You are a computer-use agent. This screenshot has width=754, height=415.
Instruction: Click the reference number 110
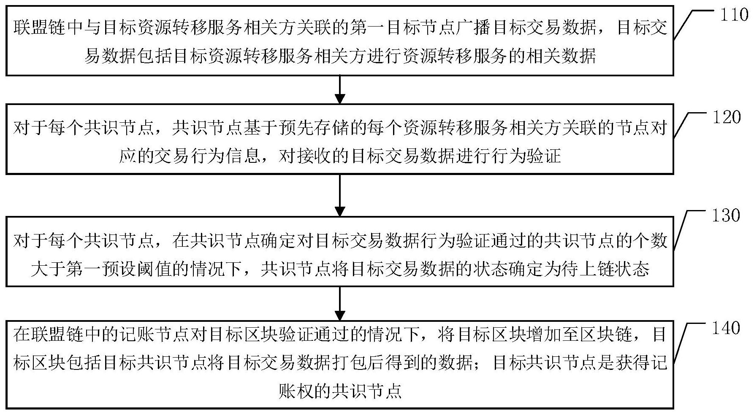point(734,16)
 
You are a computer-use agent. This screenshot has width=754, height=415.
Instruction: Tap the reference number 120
point(727,117)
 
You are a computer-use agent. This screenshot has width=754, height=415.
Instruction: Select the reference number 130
point(726,216)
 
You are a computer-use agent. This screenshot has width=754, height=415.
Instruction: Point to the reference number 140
point(726,328)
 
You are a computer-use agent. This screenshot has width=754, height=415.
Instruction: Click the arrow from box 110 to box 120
point(340,89)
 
